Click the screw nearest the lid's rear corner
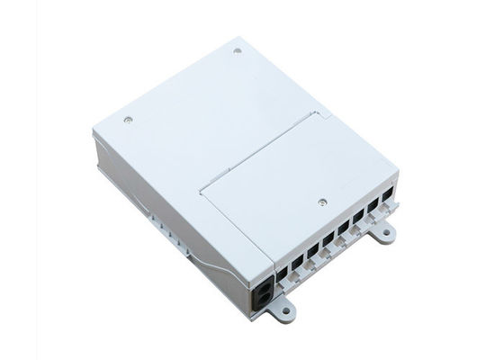238,50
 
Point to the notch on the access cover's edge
317,114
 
